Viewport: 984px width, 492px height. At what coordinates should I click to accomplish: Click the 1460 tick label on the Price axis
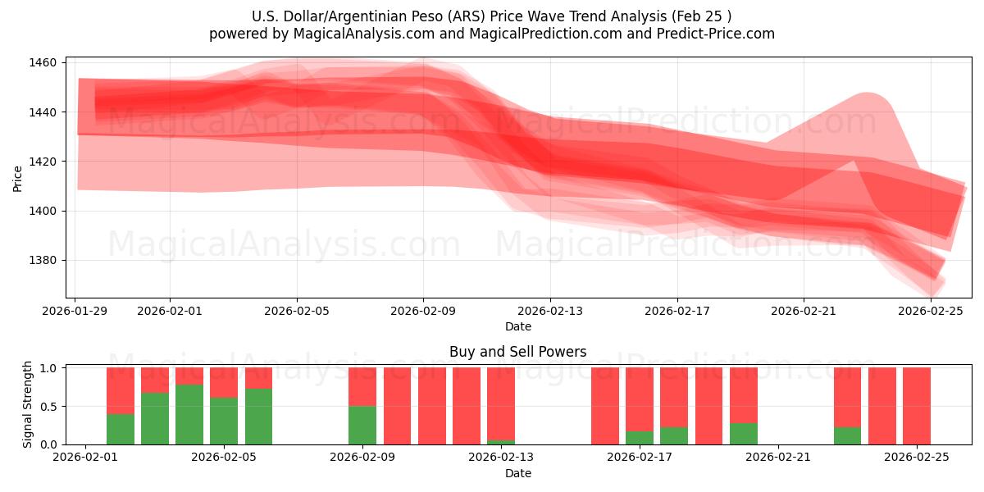43,63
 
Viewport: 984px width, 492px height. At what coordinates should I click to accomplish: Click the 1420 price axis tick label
43,162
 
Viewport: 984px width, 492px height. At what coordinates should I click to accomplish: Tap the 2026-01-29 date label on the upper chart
75,311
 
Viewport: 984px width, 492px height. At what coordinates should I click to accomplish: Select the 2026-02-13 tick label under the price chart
550,311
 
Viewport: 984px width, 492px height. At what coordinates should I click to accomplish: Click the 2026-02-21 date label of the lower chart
777,458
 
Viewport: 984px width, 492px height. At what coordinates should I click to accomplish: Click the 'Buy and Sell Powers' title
517,352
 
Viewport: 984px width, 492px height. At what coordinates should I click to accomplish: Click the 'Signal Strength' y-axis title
28,404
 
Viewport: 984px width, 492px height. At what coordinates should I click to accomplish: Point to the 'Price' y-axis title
18,178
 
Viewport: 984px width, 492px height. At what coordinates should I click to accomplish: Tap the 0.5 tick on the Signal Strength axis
48,407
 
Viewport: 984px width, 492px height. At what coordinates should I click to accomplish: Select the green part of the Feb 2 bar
121,429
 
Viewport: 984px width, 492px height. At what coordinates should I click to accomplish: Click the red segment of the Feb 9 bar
362,386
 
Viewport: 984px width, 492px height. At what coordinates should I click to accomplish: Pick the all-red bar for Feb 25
917,406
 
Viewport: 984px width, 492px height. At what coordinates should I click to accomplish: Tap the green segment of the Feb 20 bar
744,434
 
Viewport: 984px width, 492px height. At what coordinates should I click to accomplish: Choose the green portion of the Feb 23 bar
847,435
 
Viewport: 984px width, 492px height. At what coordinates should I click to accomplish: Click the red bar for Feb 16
605,406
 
